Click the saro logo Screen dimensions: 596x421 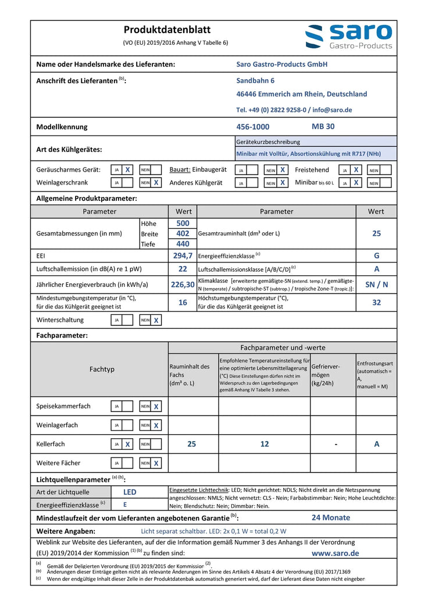(x=349, y=36)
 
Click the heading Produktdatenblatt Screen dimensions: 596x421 (x=167, y=30)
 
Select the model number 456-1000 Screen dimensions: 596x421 (x=253, y=127)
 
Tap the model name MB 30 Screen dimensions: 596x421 (x=323, y=126)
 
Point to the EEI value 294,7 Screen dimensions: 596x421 (x=183, y=256)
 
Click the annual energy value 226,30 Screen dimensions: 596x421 (x=183, y=285)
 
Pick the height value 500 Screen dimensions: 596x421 (x=183, y=223)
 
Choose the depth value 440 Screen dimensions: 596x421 (x=183, y=244)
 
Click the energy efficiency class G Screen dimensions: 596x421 (x=376, y=256)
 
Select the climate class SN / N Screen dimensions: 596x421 (x=376, y=285)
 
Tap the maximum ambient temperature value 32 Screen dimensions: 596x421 (x=376, y=303)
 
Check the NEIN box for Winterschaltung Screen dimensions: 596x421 (x=156, y=320)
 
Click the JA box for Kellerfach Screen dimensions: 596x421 (x=127, y=444)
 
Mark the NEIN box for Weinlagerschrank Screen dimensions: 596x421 (x=156, y=183)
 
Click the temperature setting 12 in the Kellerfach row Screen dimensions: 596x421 (x=265, y=444)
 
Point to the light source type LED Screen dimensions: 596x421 (x=130, y=492)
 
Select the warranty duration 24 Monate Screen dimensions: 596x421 (x=331, y=517)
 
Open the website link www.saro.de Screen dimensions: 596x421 (x=336, y=554)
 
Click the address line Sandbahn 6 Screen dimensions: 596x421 (x=255, y=80)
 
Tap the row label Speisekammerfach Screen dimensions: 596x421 (x=63, y=406)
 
